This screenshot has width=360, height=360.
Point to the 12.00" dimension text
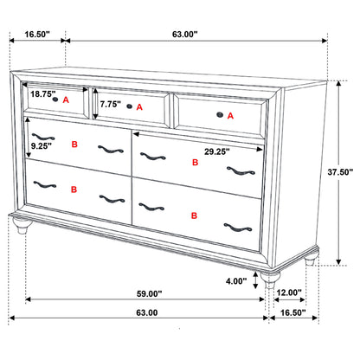[289, 292]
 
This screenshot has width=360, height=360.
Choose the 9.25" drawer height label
[40, 147]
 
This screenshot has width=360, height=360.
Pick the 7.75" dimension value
[110, 104]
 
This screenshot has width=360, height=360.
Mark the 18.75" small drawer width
[42, 93]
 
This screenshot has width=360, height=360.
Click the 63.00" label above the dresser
[184, 35]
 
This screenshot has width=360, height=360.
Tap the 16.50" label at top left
[35, 35]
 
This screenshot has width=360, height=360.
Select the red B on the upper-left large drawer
[74, 145]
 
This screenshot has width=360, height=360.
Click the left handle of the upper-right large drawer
[152, 157]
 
